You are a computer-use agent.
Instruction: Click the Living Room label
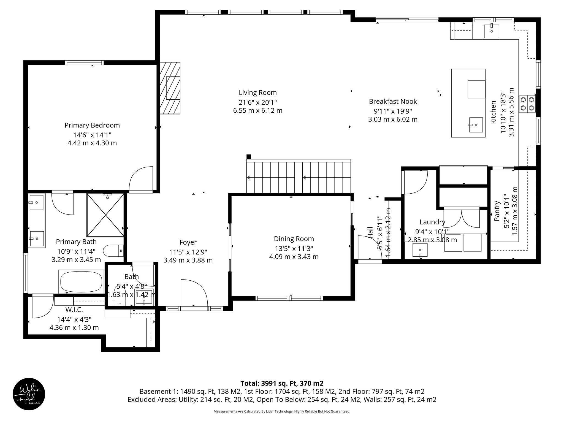coord(257,93)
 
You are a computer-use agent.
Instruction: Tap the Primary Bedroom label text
coord(92,125)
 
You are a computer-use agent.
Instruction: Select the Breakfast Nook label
coord(393,102)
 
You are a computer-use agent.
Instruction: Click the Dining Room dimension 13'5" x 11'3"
coord(294,248)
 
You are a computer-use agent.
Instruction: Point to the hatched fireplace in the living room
coord(170,88)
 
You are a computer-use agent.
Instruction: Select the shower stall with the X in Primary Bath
coord(105,215)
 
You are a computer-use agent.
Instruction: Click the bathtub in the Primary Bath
coord(81,281)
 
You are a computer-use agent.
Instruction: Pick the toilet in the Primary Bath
coord(113,251)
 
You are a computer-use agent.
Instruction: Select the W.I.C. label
coord(74,310)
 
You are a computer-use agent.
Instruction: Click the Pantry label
coord(497,211)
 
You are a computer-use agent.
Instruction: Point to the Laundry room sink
coord(420,250)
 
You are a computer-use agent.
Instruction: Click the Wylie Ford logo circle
coord(29,394)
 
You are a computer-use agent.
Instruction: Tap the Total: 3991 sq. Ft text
coord(282,383)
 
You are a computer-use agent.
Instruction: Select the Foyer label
coord(188,242)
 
